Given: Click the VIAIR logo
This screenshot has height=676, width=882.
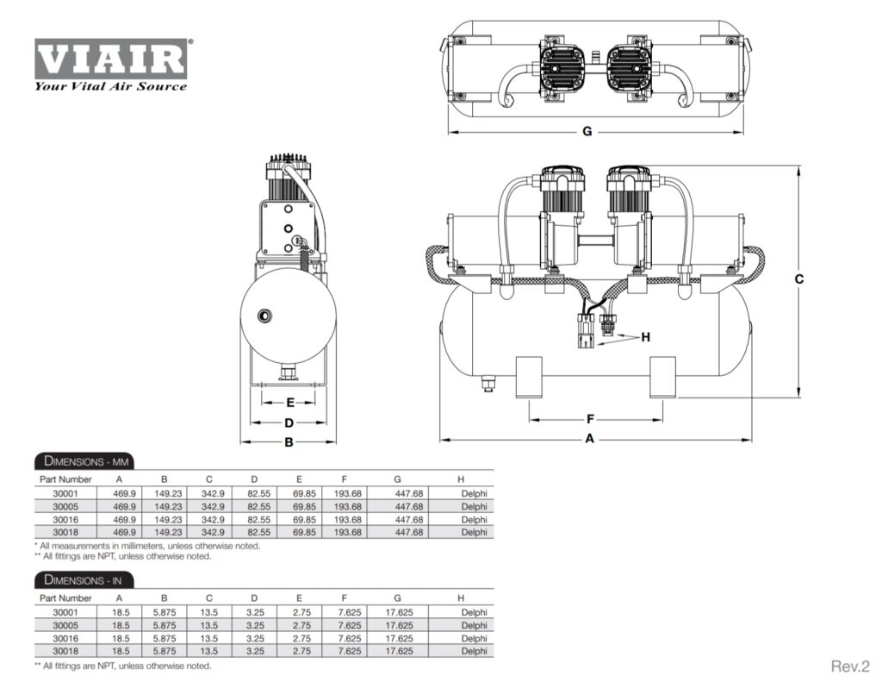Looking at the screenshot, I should (x=110, y=58).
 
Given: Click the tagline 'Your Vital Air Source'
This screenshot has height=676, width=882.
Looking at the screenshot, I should (x=110, y=86).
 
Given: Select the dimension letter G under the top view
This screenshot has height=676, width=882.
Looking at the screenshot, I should (x=587, y=132).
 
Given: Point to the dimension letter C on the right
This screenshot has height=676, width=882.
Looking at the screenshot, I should (x=798, y=279).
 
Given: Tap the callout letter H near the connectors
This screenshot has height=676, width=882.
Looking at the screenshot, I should (x=646, y=336).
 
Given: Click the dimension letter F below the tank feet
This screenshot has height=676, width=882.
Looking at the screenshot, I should (x=590, y=419).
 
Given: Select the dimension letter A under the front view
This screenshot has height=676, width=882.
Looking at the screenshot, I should (x=590, y=439).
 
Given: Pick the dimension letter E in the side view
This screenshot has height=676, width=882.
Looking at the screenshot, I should (x=289, y=403).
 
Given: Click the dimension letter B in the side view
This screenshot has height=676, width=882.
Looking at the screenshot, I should (x=289, y=442).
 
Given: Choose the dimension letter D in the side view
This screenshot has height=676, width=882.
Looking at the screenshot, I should (x=289, y=422).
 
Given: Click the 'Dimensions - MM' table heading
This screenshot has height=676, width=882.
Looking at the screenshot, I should (x=84, y=461).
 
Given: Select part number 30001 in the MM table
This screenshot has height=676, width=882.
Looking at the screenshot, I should (x=53, y=493).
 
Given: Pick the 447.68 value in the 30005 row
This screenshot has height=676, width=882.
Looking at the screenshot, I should (x=409, y=506).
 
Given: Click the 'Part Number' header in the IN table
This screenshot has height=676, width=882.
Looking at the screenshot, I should (x=65, y=598).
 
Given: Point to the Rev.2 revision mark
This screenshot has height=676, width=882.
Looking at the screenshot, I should (x=850, y=665).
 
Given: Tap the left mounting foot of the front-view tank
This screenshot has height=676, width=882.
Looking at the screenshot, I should (x=528, y=377).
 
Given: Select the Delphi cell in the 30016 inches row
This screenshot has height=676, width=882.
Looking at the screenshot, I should (x=474, y=638).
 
